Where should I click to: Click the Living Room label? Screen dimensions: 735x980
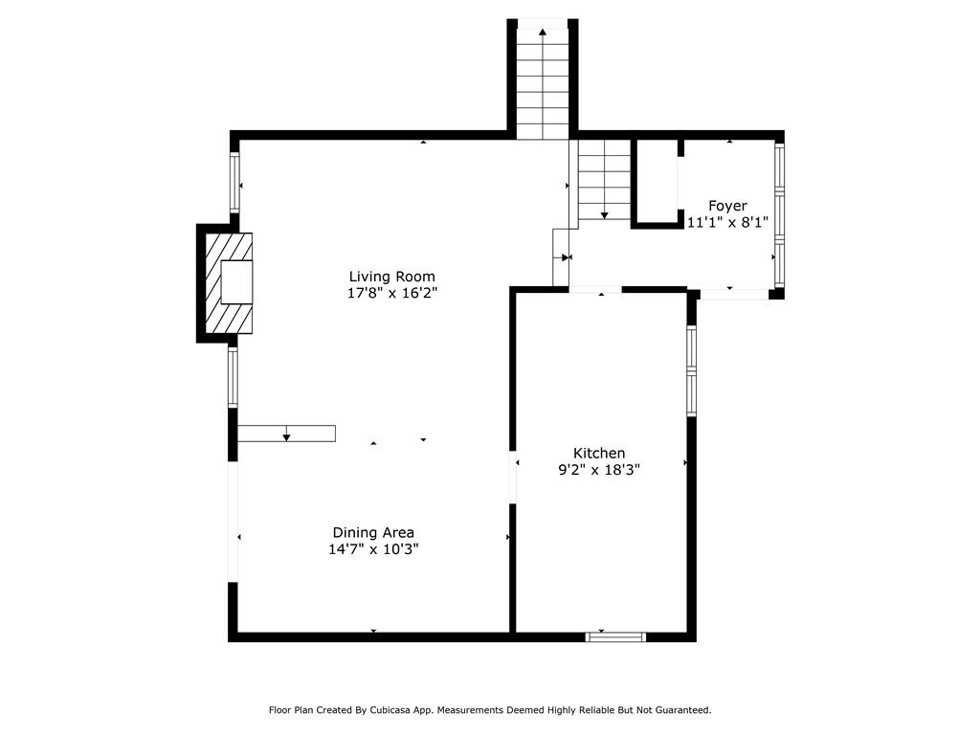[391, 277]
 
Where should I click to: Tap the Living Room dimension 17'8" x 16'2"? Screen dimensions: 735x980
[391, 293]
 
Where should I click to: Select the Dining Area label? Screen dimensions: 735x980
[373, 532]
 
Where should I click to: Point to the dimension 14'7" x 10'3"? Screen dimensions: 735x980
[373, 549]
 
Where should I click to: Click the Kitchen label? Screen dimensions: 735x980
[599, 453]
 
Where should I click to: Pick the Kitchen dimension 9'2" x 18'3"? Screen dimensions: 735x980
[599, 470]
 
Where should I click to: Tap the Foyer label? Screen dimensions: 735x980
[727, 206]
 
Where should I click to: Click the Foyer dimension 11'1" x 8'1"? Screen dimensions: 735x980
[727, 222]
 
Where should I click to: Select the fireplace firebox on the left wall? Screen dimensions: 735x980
[236, 282]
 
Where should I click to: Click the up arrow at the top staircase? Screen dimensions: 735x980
[543, 33]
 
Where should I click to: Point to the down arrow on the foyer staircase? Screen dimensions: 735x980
[604, 215]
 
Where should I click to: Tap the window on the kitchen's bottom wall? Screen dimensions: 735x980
[615, 636]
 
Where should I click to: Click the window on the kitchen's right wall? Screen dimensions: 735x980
[691, 370]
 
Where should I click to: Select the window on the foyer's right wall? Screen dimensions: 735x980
[780, 215]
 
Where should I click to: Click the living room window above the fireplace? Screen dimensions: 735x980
[234, 182]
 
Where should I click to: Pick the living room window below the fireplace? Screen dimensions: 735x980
[233, 377]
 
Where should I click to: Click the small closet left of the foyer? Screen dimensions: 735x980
[657, 182]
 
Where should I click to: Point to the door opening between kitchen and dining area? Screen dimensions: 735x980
[513, 477]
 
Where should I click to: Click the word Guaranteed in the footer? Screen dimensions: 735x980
[679, 710]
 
